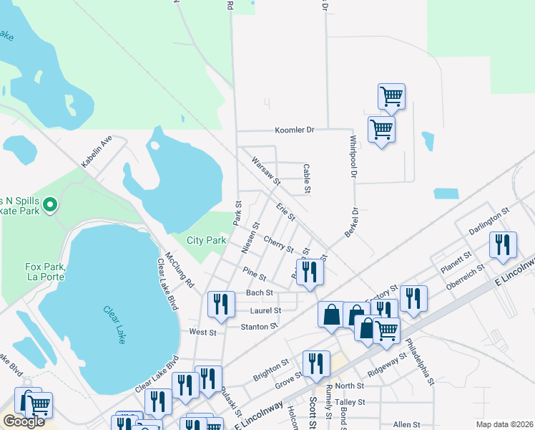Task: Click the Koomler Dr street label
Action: click(295, 130)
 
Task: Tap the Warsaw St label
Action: click(265, 171)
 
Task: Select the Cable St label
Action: click(306, 179)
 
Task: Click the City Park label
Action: click(207, 240)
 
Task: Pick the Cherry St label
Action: click(278, 244)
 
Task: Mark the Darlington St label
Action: click(488, 221)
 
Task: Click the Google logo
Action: click(24, 421)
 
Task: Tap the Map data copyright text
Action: click(505, 424)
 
